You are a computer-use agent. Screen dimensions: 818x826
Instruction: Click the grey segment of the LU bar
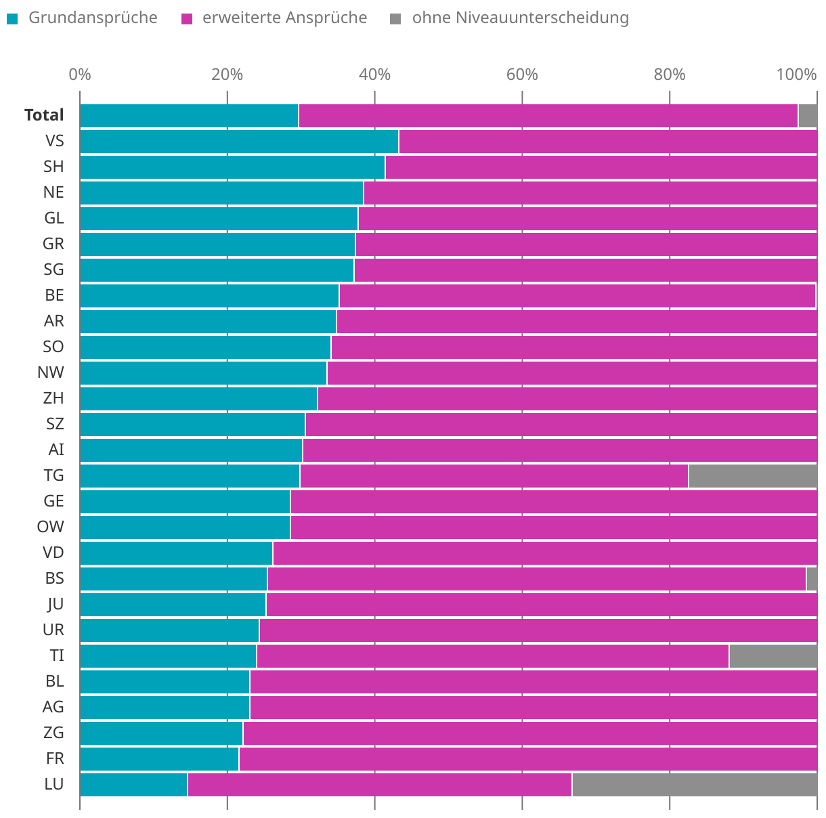(694, 784)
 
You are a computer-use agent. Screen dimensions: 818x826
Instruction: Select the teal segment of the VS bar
(239, 142)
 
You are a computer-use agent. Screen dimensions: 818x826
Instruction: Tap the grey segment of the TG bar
(752, 476)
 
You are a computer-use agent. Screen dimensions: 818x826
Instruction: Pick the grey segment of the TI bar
(773, 656)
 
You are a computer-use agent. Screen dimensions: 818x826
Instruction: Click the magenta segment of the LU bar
(379, 784)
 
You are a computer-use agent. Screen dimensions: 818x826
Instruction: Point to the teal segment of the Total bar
(189, 116)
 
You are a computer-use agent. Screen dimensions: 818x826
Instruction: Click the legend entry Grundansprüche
(93, 18)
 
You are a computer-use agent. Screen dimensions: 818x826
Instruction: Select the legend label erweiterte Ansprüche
(284, 18)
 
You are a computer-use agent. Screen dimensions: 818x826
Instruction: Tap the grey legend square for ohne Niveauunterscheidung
(395, 18)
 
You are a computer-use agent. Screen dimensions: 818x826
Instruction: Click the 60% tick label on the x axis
(522, 74)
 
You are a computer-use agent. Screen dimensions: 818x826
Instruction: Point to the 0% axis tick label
(80, 74)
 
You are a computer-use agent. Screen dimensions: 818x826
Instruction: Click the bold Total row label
(44, 116)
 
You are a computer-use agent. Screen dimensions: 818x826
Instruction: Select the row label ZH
(53, 398)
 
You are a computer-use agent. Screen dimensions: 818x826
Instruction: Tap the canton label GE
(53, 501)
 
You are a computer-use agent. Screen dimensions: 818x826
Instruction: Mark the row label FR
(55, 758)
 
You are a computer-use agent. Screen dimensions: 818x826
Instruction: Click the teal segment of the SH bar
(232, 167)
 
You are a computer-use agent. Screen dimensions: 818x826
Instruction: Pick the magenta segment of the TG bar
(494, 476)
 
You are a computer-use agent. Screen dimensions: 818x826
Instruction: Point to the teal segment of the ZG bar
(161, 733)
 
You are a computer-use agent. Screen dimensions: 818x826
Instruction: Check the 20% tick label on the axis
(227, 74)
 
